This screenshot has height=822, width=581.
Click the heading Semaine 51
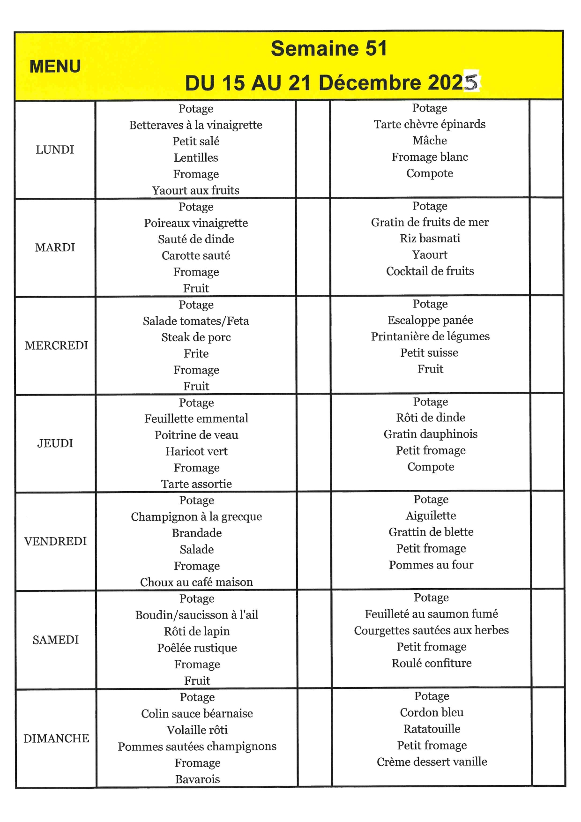point(329,49)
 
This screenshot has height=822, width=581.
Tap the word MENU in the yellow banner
point(55,67)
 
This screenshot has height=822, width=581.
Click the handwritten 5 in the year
point(471,82)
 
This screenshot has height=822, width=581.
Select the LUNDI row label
point(55,149)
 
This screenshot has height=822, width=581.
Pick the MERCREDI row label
point(56,345)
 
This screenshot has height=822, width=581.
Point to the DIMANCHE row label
point(56,738)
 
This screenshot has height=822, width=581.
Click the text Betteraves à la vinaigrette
point(196,125)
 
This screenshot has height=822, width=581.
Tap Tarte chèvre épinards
point(430,124)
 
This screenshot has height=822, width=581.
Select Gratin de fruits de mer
point(430,222)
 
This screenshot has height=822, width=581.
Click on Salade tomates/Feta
point(196,321)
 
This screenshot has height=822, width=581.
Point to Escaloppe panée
point(430,320)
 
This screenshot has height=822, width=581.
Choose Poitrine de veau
point(196,435)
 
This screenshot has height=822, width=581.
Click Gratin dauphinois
point(431,434)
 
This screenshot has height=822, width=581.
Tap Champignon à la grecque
point(196,516)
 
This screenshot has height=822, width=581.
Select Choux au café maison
point(196,582)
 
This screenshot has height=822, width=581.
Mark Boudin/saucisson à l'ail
point(197,615)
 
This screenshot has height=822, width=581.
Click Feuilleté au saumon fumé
point(431,614)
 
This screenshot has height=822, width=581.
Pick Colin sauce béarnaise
point(197,713)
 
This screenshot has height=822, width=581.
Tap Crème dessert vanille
point(432,762)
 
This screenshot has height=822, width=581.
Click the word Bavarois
point(197,779)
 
